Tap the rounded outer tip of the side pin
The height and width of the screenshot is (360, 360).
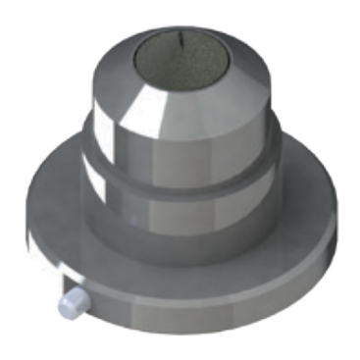point(65,306)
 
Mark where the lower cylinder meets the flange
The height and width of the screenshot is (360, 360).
point(181,257)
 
